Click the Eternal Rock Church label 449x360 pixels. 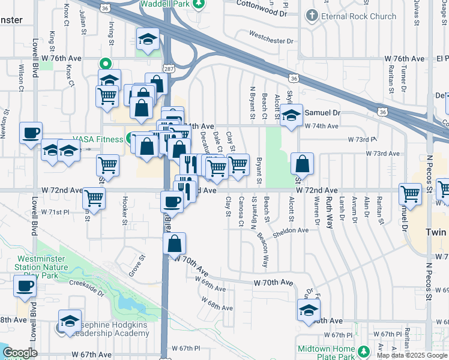click(x=358, y=16)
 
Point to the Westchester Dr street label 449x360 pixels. click(x=273, y=41)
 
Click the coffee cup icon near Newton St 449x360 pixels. click(x=31, y=133)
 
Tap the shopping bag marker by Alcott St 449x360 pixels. click(x=302, y=163)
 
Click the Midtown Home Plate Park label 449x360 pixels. click(x=327, y=349)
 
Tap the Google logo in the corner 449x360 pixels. click(x=20, y=353)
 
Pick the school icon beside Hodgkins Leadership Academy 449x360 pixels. click(x=70, y=320)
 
